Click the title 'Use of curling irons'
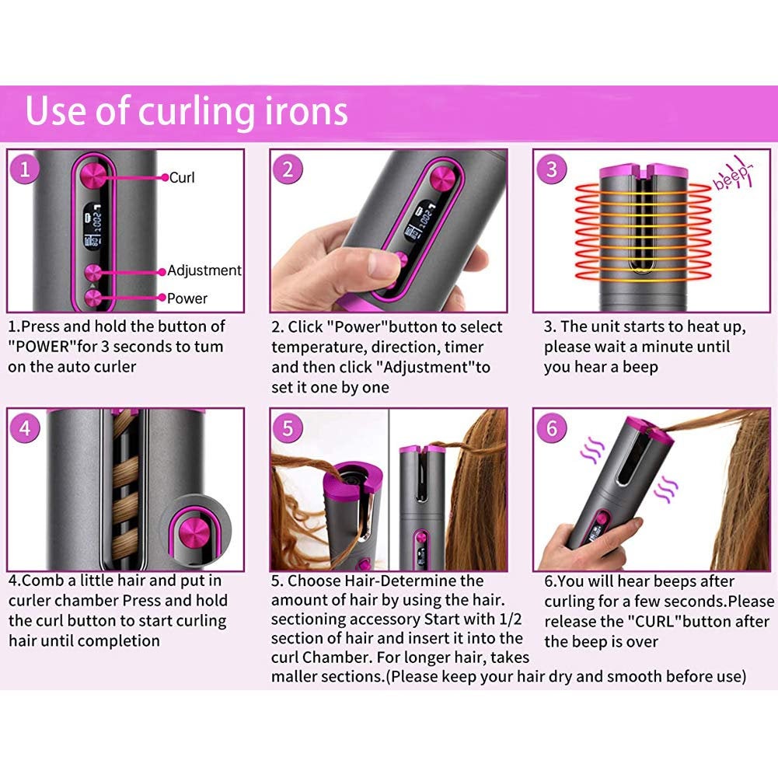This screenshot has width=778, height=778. (x=187, y=111)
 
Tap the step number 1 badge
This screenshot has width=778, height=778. (x=26, y=169)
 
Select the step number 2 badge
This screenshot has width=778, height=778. (x=288, y=169)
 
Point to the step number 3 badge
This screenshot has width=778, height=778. (x=551, y=169)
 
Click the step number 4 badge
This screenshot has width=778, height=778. (x=26, y=428)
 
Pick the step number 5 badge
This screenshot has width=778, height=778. (x=288, y=428)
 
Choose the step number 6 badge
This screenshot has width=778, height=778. (x=551, y=428)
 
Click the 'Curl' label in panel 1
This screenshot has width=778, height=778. (x=182, y=177)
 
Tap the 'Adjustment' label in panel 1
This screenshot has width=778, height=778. (x=204, y=270)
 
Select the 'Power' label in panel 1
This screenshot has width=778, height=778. (x=187, y=298)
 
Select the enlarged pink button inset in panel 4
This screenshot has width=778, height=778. (x=189, y=532)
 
